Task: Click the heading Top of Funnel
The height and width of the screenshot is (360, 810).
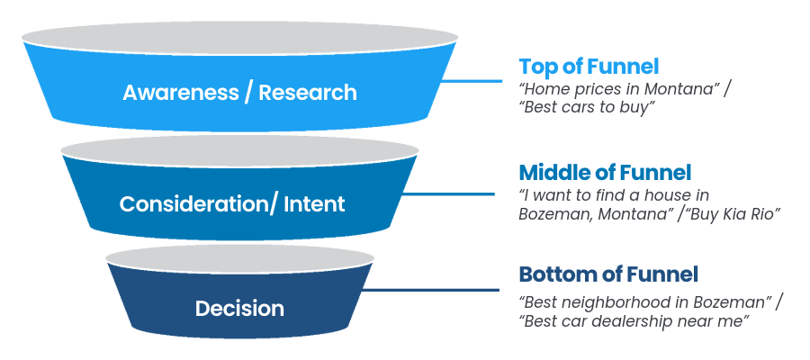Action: pos(589,67)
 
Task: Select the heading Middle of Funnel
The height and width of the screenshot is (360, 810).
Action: pos(605,173)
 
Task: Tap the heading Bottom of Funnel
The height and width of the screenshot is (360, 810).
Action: pos(608,274)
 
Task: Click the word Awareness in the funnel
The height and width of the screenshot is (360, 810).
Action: pos(181,93)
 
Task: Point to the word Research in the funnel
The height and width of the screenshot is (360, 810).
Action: pos(308,93)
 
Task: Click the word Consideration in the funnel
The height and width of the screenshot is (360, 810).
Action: pos(194,204)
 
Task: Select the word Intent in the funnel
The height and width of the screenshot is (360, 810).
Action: pos(314,204)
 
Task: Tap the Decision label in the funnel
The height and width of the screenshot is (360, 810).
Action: pos(239,309)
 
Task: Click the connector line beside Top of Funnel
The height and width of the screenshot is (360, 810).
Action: pos(472,81)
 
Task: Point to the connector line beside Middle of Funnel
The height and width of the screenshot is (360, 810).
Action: pos(449,194)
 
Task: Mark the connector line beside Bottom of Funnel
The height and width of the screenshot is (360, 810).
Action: pos(430,290)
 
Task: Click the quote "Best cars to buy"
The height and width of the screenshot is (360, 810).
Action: pos(587,109)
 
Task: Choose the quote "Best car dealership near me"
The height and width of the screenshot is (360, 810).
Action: pos(634,320)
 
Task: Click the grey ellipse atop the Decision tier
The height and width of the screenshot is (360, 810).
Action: pos(239,258)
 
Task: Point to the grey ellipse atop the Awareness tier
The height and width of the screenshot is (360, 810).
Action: pos(239,38)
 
